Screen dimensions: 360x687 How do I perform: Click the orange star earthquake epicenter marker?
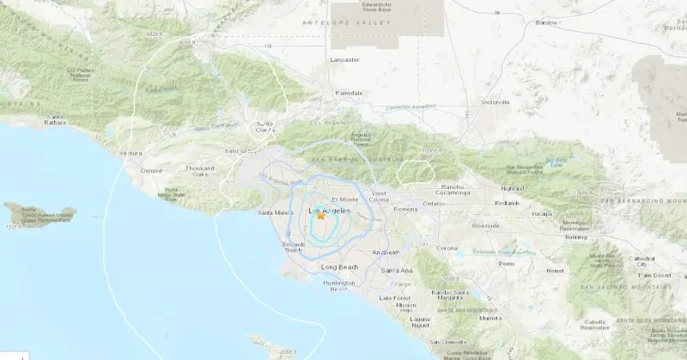[x=321, y=217]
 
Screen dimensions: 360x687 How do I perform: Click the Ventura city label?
[x=131, y=153]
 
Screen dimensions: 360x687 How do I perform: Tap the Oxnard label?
[x=150, y=170]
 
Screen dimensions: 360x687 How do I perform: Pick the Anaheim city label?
[x=386, y=252]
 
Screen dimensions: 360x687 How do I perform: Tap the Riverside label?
[x=486, y=227]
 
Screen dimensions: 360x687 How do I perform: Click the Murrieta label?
[x=490, y=317]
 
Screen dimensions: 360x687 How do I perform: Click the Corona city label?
[x=447, y=247]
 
